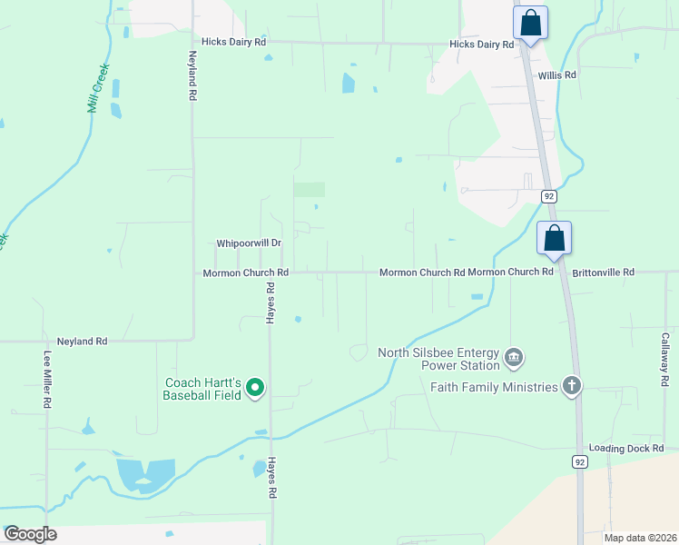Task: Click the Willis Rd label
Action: [556, 75]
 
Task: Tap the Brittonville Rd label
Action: [603, 272]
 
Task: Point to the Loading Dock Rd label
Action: [626, 449]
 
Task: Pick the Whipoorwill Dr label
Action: [249, 243]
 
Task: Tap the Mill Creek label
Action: [98, 87]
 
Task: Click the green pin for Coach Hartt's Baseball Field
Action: [255, 388]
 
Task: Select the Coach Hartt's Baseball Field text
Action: [202, 389]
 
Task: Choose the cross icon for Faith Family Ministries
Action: [571, 386]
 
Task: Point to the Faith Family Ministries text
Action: [494, 387]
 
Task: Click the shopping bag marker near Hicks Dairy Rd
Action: [530, 24]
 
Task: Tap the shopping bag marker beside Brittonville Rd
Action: [554, 239]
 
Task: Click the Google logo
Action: [30, 534]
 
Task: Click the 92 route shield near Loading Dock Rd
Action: [580, 461]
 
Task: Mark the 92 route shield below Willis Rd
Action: [548, 195]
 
